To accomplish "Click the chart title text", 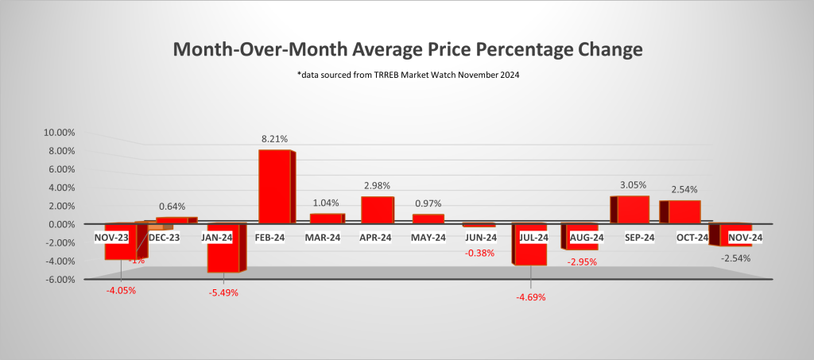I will point(406,50).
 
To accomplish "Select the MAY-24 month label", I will point(429,238).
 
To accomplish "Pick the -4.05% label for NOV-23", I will point(121,289).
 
